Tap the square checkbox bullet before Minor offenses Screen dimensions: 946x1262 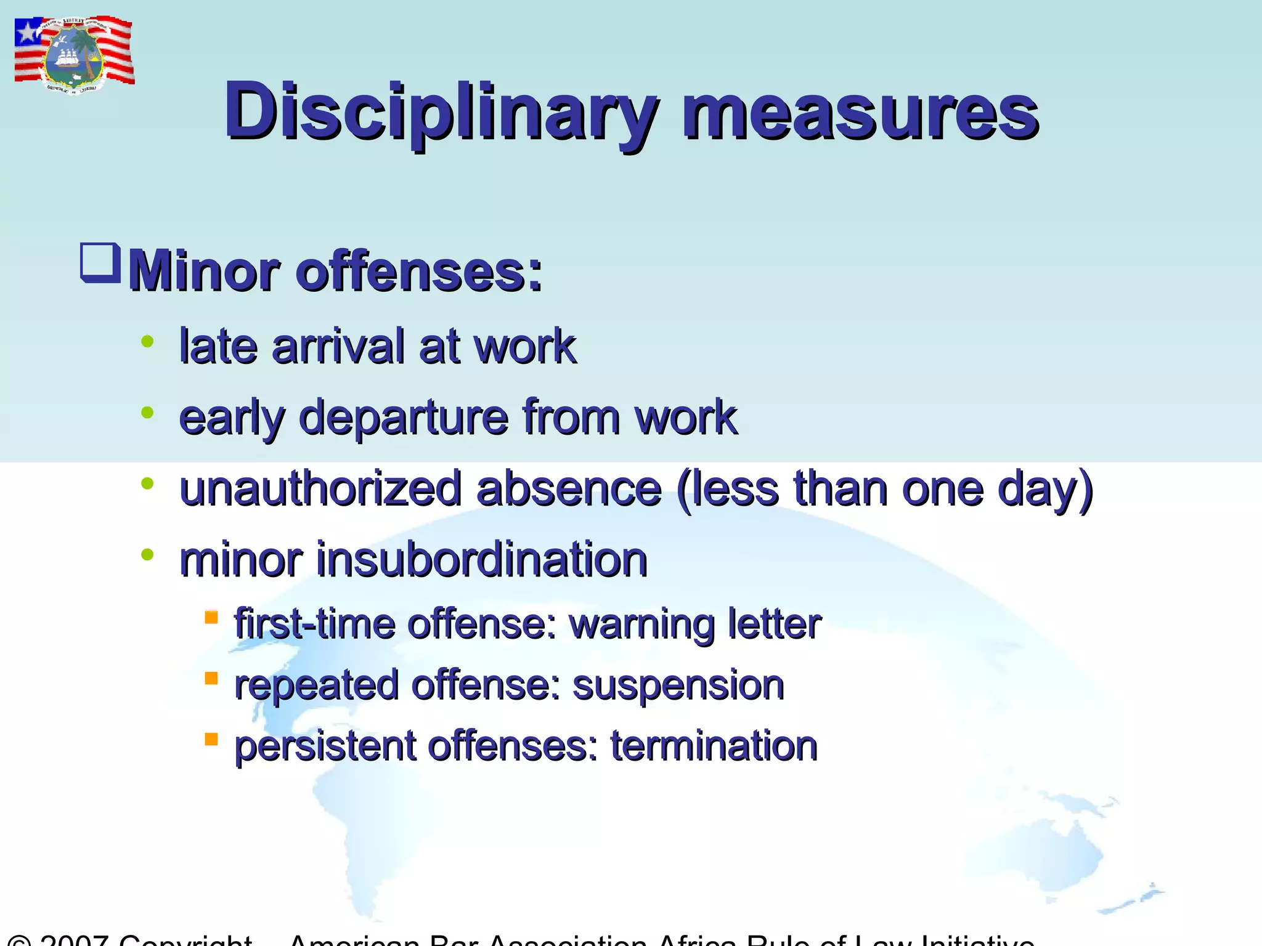pyautogui.click(x=100, y=263)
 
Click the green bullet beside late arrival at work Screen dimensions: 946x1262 pyautogui.click(x=147, y=341)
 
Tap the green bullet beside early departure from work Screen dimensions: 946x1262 pyautogui.click(x=147, y=413)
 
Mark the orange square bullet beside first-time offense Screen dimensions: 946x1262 pyautogui.click(x=211, y=617)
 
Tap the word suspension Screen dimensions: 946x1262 pyautogui.click(x=678, y=685)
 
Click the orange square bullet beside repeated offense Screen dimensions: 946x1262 pyautogui.click(x=211, y=678)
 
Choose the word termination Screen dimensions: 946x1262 pyautogui.click(x=714, y=746)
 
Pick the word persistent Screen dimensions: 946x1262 pyautogui.click(x=325, y=746)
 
